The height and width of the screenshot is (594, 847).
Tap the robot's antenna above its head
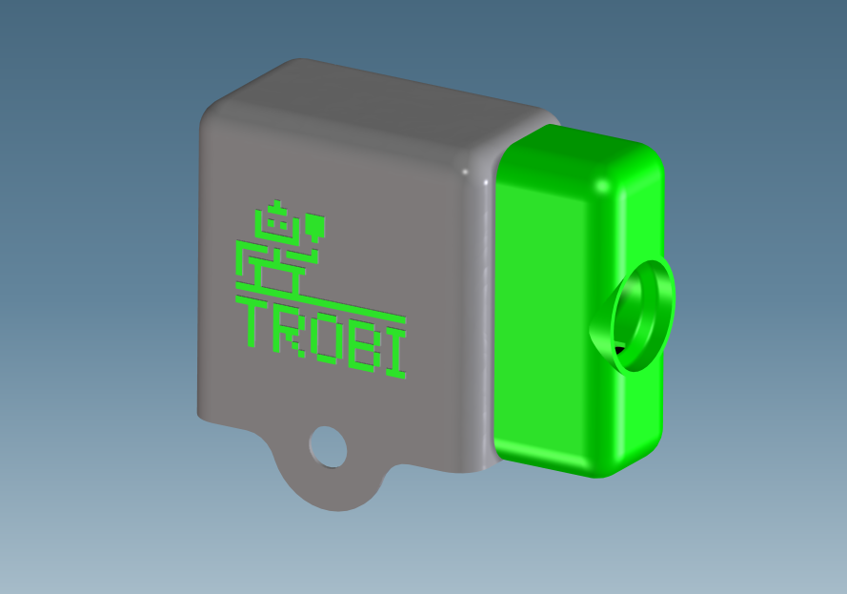tap(277, 204)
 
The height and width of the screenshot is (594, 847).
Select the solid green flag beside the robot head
tap(315, 227)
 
